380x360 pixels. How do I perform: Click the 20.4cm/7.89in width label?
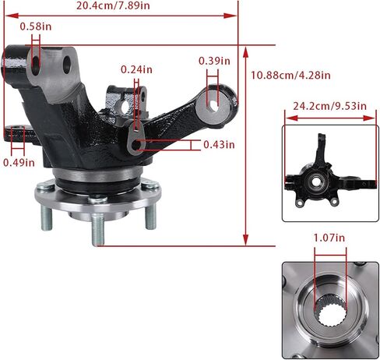(113, 5)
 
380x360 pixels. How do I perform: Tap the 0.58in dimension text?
(36, 26)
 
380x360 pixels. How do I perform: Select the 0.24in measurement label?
(136, 69)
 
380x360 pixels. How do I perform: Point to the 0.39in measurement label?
(214, 61)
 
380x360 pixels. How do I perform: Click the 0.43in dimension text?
(219, 145)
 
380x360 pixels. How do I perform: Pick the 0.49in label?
(19, 163)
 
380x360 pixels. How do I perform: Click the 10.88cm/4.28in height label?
(290, 76)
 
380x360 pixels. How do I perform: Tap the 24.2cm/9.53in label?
(329, 106)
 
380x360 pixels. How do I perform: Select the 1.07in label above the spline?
(329, 238)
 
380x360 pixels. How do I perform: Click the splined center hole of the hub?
(330, 312)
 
